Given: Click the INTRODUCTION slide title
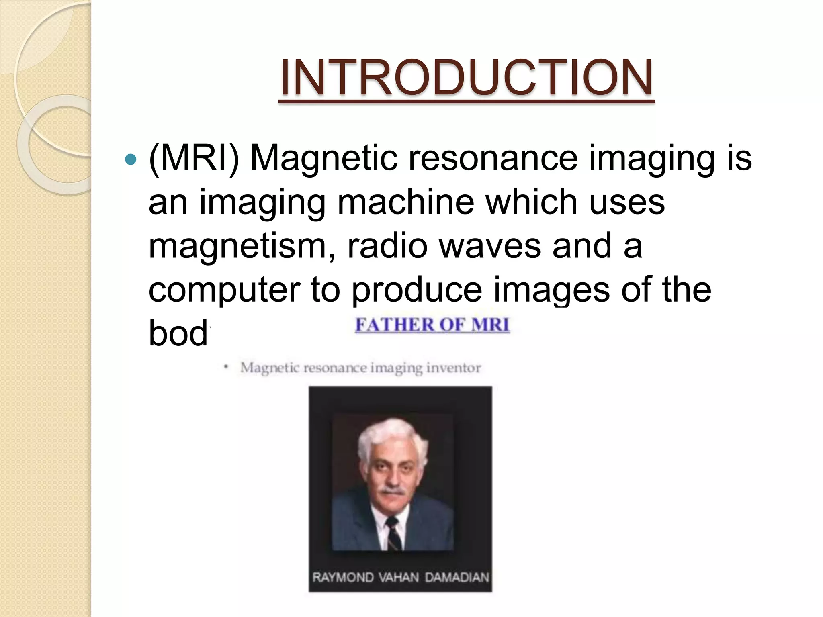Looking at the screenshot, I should click(466, 78).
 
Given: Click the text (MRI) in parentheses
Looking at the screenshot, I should click(194, 159).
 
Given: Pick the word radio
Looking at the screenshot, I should click(387, 246).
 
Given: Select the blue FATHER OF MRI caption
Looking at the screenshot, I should click(432, 325).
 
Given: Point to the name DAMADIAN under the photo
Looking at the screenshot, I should click(457, 578).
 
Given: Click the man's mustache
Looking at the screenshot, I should click(392, 490).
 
